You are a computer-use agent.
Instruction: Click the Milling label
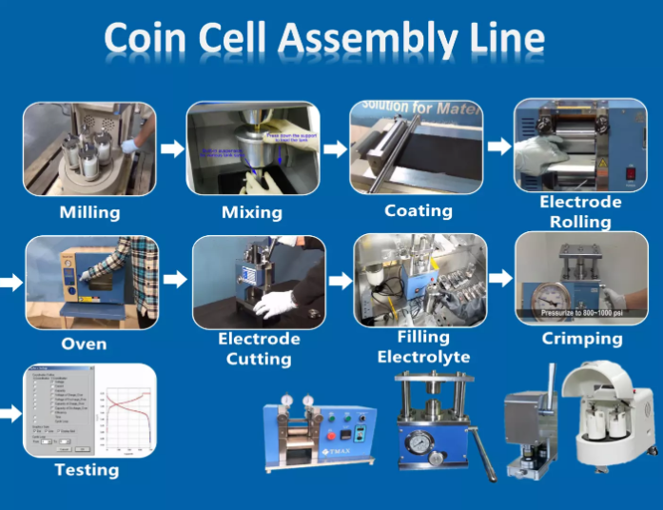89,211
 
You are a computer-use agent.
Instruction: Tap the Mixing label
252,211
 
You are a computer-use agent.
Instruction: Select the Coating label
418,210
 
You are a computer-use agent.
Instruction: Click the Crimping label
581,338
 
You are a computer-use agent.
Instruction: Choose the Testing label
87,469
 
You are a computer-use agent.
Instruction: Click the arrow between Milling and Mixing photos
172,148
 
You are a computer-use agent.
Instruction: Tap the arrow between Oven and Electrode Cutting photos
175,279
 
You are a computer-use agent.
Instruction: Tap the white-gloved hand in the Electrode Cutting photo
277,304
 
